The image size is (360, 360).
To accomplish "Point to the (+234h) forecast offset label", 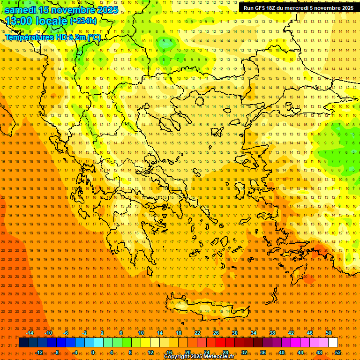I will tap(83, 21).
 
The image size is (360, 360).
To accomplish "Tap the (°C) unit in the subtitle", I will tap(93, 37).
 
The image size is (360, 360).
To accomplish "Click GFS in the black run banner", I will tap(262, 8).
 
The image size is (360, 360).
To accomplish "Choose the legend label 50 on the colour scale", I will tap(329, 333).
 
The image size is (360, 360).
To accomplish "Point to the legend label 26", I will tap(216, 333).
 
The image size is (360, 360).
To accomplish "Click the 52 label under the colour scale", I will tap(338, 352).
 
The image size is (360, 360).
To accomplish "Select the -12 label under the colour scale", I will tap(39, 352).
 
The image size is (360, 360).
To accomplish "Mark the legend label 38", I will tap(272, 333).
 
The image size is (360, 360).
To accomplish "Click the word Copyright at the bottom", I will tap(178, 357).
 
